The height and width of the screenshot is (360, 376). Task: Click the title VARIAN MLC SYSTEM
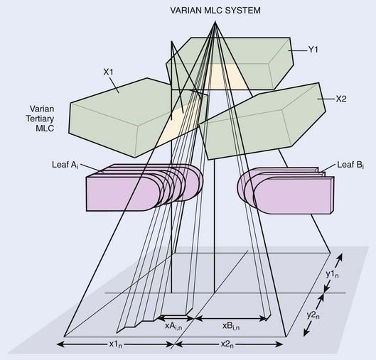[215, 11]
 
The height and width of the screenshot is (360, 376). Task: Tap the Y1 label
[313, 50]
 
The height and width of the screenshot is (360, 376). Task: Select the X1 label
[108, 72]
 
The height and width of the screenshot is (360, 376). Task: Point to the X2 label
[340, 99]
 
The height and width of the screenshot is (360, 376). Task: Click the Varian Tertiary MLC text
[40, 119]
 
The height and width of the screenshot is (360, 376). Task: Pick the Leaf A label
[65, 165]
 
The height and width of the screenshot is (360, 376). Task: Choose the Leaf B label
[350, 165]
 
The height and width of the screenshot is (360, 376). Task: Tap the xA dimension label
[173, 326]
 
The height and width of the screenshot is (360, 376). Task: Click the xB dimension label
[231, 326]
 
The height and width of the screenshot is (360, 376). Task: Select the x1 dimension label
[116, 344]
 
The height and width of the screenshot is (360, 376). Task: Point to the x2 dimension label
[227, 344]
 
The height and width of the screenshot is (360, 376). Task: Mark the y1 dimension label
[333, 274]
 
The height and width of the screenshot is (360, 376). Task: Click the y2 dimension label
[313, 315]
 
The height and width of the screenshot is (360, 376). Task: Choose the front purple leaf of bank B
[294, 195]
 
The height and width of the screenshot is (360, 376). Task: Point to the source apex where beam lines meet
[215, 21]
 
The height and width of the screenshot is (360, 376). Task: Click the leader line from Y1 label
[297, 50]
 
